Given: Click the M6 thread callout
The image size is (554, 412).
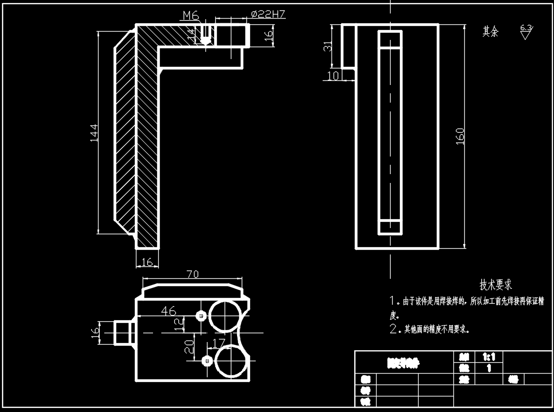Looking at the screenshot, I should [x=190, y=16].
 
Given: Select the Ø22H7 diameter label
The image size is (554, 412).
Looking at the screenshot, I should [x=268, y=15].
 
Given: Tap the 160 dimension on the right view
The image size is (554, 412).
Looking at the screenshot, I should [x=460, y=136].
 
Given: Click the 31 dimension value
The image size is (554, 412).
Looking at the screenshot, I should [x=328, y=46].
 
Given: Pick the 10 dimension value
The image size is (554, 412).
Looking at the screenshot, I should [x=334, y=76].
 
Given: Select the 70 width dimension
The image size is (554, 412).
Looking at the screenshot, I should [x=192, y=275].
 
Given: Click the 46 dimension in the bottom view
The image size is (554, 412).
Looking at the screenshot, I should [x=169, y=311].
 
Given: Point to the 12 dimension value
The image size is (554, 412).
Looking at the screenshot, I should [x=179, y=324].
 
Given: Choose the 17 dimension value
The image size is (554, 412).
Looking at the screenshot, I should [x=218, y=343].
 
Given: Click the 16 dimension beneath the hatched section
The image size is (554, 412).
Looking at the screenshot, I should [x=147, y=262].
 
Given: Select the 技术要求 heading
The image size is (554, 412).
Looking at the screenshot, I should [x=495, y=285].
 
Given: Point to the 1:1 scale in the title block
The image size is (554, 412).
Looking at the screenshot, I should [x=489, y=357].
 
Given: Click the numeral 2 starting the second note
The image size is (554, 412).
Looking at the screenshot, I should [x=393, y=329].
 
